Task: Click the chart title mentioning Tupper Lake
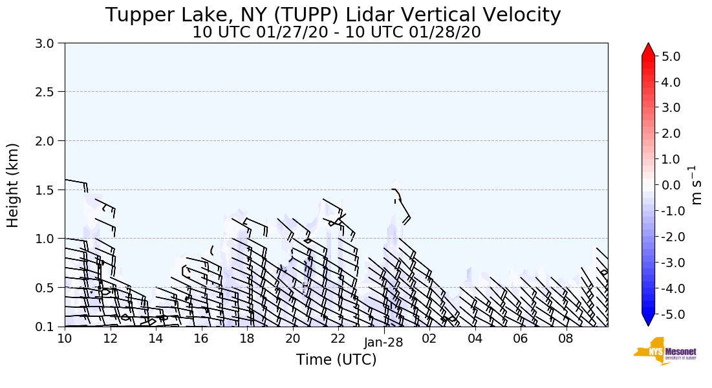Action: pos(333,15)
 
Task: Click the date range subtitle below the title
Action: pos(336,32)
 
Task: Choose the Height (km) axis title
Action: pos(13,185)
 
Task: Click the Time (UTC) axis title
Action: pos(336,360)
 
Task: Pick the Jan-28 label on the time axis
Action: pos(384,343)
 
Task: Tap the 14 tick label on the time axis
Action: pos(155,338)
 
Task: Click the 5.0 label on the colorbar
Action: pos(670,56)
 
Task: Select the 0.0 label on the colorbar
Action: pos(670,185)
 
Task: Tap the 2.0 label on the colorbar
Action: pos(670,133)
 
